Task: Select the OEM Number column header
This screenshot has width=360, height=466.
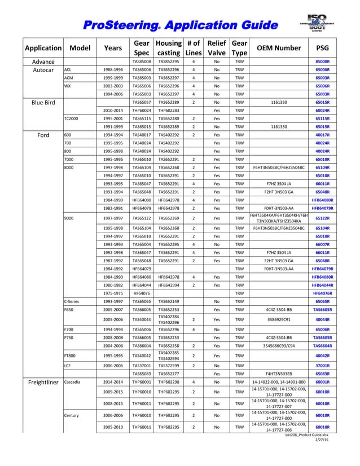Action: (x=279, y=49)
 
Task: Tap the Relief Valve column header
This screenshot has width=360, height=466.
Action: (x=217, y=49)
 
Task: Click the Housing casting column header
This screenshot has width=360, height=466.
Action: (x=168, y=49)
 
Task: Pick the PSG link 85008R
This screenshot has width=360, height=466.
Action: (x=322, y=61)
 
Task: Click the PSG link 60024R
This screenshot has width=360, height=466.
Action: (x=322, y=111)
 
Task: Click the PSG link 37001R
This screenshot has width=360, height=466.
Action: (x=322, y=365)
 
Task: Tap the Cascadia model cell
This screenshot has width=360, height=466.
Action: (x=74, y=382)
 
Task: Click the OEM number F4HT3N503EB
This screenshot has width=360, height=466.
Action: (x=279, y=373)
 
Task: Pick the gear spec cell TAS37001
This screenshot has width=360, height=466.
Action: (x=141, y=365)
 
